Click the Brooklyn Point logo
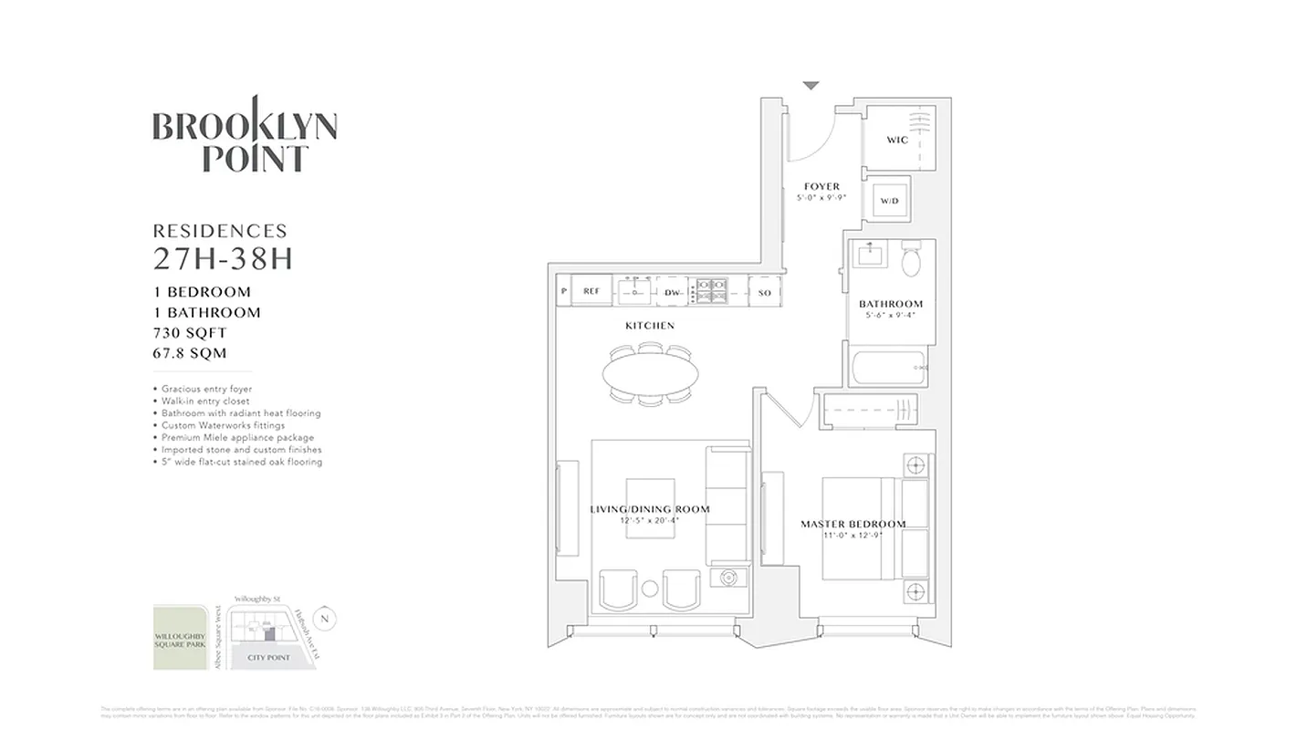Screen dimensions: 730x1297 pyautogui.click(x=245, y=137)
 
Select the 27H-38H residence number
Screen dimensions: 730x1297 pyautogui.click(x=223, y=260)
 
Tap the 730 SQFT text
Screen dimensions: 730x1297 pyautogui.click(x=190, y=333)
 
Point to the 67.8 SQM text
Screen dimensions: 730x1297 pyautogui.click(x=190, y=353)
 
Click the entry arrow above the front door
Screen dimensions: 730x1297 pyautogui.click(x=811, y=86)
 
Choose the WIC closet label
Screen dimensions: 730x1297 pyautogui.click(x=896, y=141)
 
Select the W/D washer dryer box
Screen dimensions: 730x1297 pyautogui.click(x=889, y=201)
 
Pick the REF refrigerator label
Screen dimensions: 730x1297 pyautogui.click(x=591, y=292)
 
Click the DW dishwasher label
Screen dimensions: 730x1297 pyautogui.click(x=673, y=292)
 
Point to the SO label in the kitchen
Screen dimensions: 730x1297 pyautogui.click(x=765, y=292)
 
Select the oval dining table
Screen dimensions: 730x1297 pyautogui.click(x=650, y=372)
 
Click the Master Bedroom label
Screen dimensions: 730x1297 pyautogui.click(x=852, y=525)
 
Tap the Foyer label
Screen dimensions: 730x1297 pyautogui.click(x=821, y=187)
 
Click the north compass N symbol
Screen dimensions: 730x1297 pyautogui.click(x=327, y=619)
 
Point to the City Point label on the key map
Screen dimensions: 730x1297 pyautogui.click(x=268, y=657)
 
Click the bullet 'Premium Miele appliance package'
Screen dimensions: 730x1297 pyautogui.click(x=237, y=438)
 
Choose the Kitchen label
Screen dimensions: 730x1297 pyautogui.click(x=650, y=326)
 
